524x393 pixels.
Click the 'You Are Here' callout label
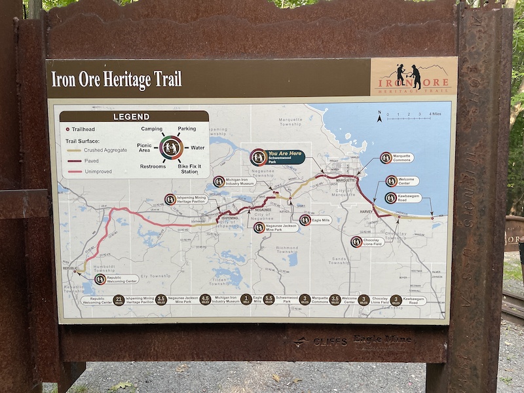click(x=278, y=157)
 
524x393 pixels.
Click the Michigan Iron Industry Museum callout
click(x=236, y=181)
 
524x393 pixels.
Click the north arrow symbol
click(x=379, y=117)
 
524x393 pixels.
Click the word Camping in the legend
click(x=152, y=129)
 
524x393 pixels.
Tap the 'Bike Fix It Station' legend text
click(x=189, y=169)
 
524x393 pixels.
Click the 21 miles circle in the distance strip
click(x=119, y=299)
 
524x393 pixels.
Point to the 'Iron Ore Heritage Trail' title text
click(x=117, y=79)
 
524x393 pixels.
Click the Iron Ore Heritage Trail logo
click(x=413, y=77)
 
